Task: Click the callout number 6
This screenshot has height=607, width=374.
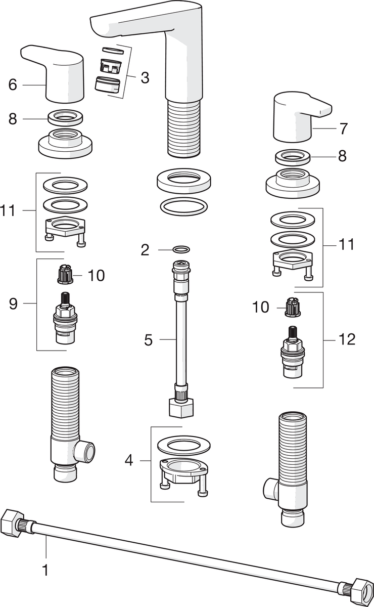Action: coord(13,84)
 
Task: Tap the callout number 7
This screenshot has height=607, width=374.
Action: coord(344,128)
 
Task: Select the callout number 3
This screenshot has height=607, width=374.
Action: coord(145,78)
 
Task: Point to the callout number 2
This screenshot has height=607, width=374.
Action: coord(146,249)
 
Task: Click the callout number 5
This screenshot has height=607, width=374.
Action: coord(148,339)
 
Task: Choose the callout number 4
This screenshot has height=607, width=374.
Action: coord(129,461)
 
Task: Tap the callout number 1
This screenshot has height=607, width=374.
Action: coord(45,570)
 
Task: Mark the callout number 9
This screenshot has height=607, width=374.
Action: coord(13,303)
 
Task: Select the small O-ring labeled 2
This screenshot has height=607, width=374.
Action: coord(182,249)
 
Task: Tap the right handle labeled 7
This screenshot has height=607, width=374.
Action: coord(298,116)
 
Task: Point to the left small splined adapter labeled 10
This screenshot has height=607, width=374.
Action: coord(64,275)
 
